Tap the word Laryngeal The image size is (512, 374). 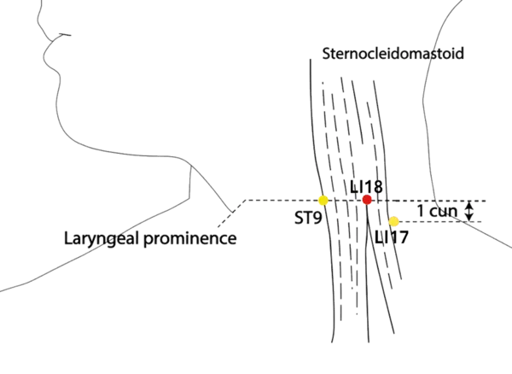(x=94, y=238)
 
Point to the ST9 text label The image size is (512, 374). (x=306, y=219)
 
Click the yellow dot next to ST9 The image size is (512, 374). (x=323, y=201)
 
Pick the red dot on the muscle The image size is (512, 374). (x=367, y=200)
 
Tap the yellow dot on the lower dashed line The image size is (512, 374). (x=393, y=222)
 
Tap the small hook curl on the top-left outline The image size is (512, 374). (x=60, y=33)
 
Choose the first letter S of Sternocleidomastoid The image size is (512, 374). (x=329, y=54)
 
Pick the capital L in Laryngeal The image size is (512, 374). (x=67, y=238)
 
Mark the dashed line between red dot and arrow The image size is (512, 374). (x=427, y=202)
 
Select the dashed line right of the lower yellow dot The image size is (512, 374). (x=435, y=222)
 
